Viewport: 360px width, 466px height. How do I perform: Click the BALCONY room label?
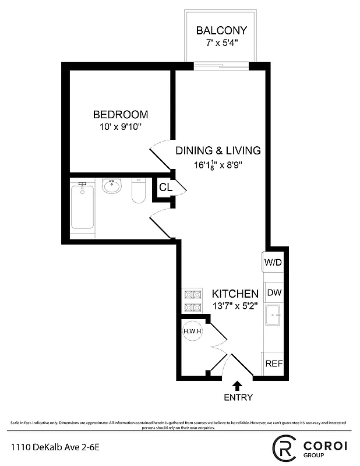click(221, 30)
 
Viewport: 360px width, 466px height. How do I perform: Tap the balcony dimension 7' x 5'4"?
click(221, 43)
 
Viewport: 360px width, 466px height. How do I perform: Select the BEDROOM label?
click(121, 115)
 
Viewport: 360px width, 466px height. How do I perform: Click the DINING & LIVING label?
click(218, 150)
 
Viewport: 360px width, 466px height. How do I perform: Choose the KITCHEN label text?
click(235, 294)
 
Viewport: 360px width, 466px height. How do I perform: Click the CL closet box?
click(165, 188)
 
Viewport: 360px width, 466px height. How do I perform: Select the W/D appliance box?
click(273, 262)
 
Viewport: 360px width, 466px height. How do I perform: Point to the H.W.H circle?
click(193, 331)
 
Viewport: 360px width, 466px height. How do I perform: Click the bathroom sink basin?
click(111, 187)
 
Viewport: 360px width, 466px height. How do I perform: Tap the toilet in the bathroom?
click(138, 192)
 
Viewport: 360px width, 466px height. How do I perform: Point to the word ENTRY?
click(238, 398)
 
